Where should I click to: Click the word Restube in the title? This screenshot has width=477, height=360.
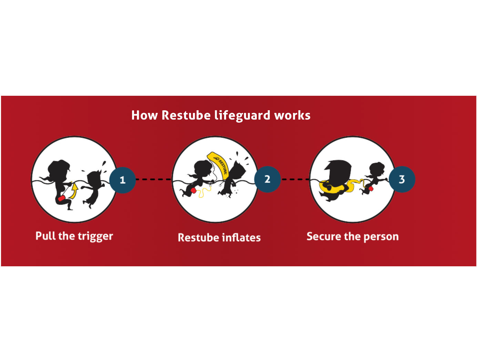pos(186,115)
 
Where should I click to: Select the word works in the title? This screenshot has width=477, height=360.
pos(292,115)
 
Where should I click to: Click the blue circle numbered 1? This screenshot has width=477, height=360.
pos(123,180)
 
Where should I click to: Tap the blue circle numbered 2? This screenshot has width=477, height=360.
pos(267,179)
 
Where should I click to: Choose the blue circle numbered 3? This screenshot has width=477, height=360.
pos(402,179)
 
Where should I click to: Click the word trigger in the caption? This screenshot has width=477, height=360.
pos(95,237)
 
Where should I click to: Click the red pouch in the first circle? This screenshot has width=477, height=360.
pos(61,198)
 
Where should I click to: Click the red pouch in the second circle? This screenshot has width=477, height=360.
pos(193,191)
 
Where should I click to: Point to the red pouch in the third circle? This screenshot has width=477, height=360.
pos(371,189)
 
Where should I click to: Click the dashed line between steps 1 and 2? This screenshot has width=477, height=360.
pos(154,179)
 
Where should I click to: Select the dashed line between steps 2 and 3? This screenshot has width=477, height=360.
pos(295,179)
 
